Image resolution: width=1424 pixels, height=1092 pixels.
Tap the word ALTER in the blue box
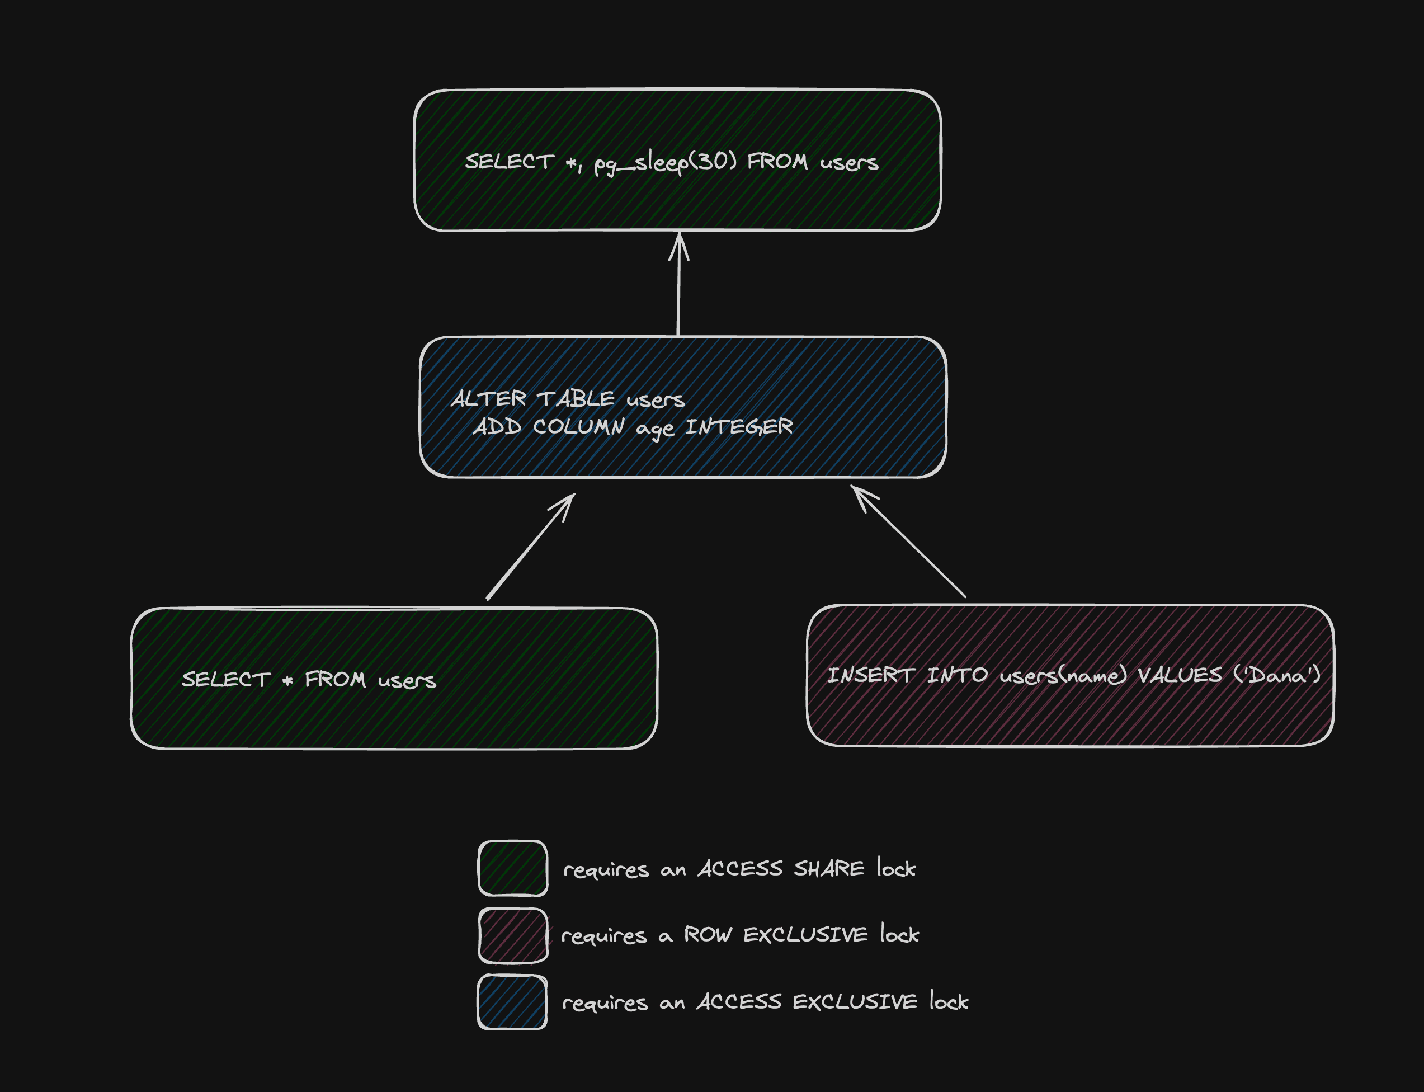coord(488,398)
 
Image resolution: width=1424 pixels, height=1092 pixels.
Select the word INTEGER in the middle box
coord(739,427)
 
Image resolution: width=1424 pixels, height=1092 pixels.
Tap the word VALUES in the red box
coord(1179,675)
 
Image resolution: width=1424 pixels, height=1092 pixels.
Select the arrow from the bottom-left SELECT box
coord(530,547)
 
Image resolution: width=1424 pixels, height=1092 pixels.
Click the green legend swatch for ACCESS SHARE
coord(512,868)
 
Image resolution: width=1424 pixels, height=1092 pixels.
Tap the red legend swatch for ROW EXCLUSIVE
coord(513,935)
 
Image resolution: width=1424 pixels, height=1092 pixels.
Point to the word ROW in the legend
coord(708,935)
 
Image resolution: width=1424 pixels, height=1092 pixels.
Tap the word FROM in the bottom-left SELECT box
coord(334,680)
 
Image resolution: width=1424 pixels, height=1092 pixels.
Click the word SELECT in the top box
coord(509,162)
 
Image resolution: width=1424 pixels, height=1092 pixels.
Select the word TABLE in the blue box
coord(575,398)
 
